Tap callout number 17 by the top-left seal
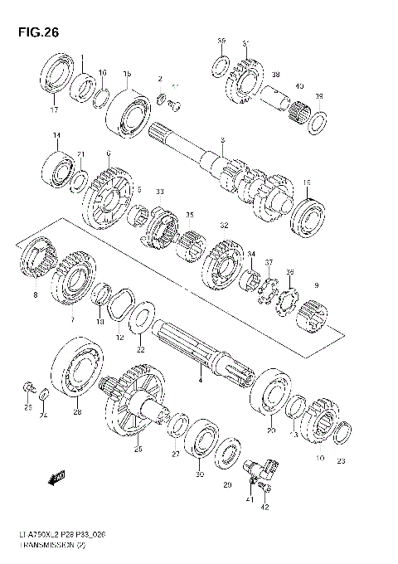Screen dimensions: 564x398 [x=54, y=109]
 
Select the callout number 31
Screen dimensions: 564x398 [x=245, y=43]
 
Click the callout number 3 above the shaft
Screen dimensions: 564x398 [x=222, y=142]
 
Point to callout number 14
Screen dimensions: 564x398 [x=56, y=135]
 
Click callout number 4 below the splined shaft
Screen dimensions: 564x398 [x=199, y=380]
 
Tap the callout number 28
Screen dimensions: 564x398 [x=77, y=411]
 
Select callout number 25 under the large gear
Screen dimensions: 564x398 [x=138, y=450]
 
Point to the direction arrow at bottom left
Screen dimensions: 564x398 [x=57, y=479]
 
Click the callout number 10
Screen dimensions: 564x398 [x=321, y=458]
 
